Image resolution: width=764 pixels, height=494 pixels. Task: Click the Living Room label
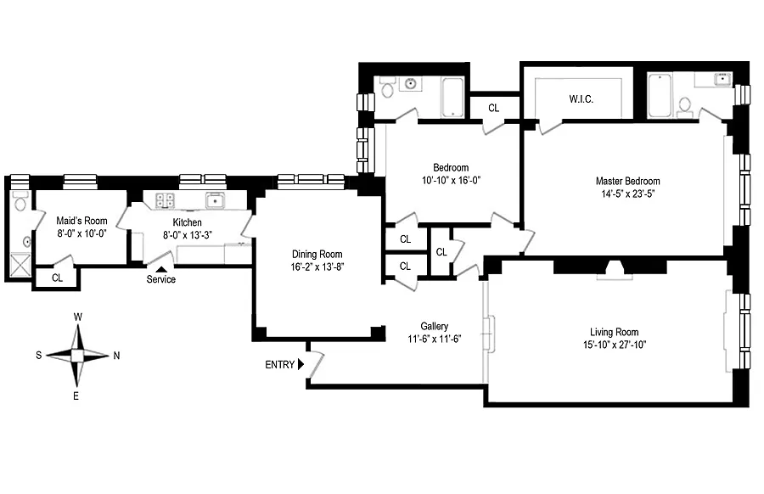point(614,332)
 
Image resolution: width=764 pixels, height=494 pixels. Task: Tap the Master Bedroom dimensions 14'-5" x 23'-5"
point(627,194)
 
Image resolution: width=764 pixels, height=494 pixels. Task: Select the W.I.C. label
point(581,99)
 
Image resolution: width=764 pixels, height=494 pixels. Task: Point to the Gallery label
point(434,326)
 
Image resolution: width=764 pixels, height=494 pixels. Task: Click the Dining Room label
point(317,254)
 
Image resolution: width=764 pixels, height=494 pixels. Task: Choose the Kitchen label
point(187,222)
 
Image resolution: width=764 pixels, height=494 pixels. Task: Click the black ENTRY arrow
point(301,364)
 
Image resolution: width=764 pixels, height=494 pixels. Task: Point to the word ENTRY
point(279,365)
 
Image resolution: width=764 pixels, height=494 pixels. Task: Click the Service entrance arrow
point(160,269)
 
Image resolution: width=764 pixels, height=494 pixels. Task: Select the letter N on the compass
point(116,356)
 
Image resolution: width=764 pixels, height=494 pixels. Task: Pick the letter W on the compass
point(77,317)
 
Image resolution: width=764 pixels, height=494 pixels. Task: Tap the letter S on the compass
point(38,356)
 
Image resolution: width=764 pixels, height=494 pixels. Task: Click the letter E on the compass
point(77,396)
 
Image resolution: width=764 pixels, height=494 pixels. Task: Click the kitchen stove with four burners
point(165,201)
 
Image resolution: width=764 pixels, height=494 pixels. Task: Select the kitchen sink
point(215,200)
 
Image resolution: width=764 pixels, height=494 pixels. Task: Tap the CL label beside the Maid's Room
point(57,278)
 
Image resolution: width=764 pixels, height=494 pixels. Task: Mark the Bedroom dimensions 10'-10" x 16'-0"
point(450,181)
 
